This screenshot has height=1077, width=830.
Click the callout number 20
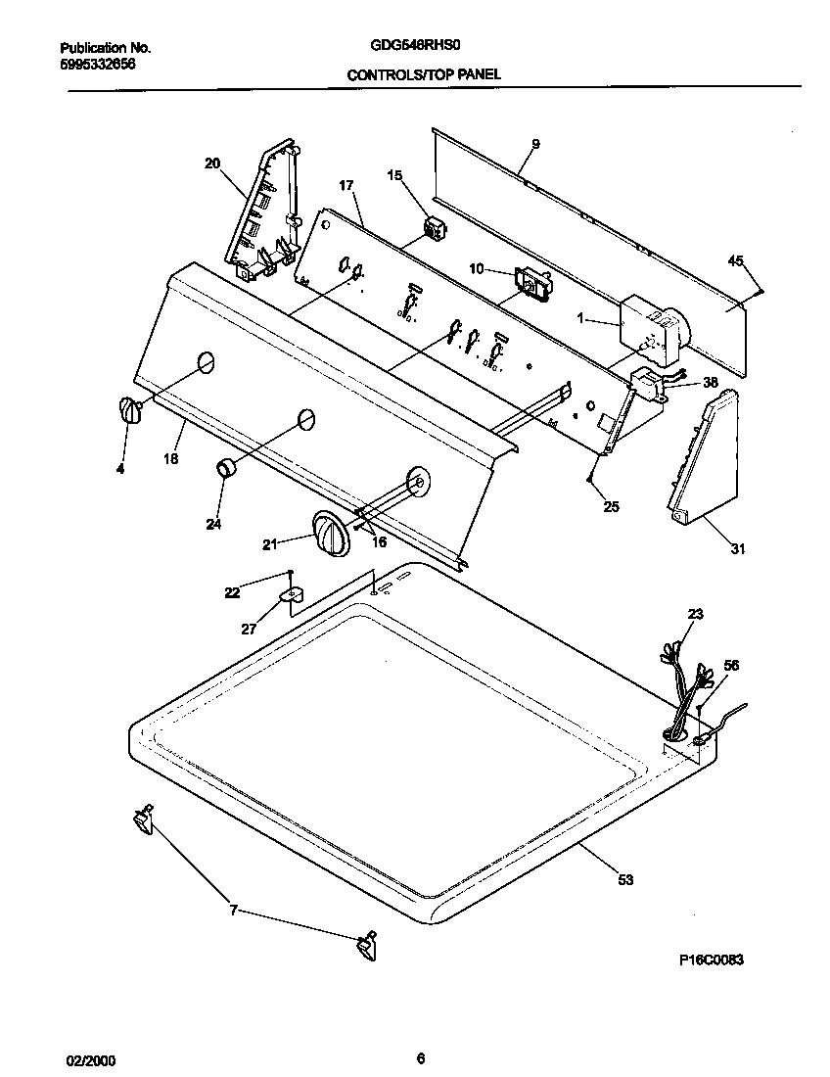point(212,164)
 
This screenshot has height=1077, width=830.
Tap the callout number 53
point(625,879)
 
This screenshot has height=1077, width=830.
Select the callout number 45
point(735,260)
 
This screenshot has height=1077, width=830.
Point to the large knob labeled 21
point(331,535)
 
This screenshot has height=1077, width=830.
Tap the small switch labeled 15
point(433,232)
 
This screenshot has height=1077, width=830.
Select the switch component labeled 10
point(534,285)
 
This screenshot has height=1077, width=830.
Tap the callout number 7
point(233,911)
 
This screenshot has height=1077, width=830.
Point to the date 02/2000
point(85,1058)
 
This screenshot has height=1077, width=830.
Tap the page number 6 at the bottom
point(420,1057)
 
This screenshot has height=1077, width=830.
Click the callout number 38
point(711,383)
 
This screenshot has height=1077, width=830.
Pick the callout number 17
point(346,185)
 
